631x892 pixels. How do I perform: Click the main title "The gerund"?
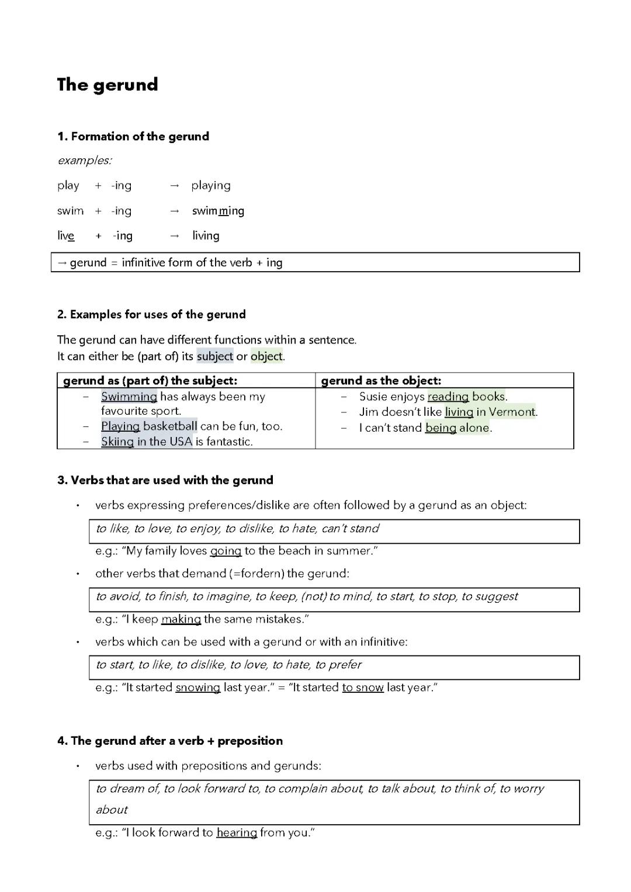tap(108, 85)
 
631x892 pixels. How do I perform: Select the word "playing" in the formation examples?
tap(211, 186)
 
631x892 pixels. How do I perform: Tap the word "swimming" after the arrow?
tap(218, 211)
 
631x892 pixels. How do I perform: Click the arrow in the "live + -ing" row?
tap(174, 236)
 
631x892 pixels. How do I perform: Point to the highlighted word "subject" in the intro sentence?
tap(214, 356)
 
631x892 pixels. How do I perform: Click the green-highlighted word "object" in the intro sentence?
tap(266, 356)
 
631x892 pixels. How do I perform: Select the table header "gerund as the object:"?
tap(381, 381)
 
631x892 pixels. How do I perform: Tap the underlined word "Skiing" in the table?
tap(117, 442)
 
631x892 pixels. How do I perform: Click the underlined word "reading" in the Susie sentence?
tap(448, 397)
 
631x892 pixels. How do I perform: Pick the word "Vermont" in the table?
tap(512, 412)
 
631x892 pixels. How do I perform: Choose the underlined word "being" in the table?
tap(441, 428)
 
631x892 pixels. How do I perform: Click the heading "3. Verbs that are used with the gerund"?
tap(165, 480)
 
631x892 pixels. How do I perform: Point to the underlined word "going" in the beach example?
tap(226, 551)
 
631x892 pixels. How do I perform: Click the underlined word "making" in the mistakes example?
tap(181, 619)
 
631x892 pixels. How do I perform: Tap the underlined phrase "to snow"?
tap(363, 688)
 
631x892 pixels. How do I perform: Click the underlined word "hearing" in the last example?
tap(237, 832)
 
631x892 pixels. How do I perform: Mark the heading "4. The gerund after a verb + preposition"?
tap(170, 741)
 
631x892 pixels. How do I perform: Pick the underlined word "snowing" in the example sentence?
tap(197, 688)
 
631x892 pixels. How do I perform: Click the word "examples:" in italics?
tap(85, 160)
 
